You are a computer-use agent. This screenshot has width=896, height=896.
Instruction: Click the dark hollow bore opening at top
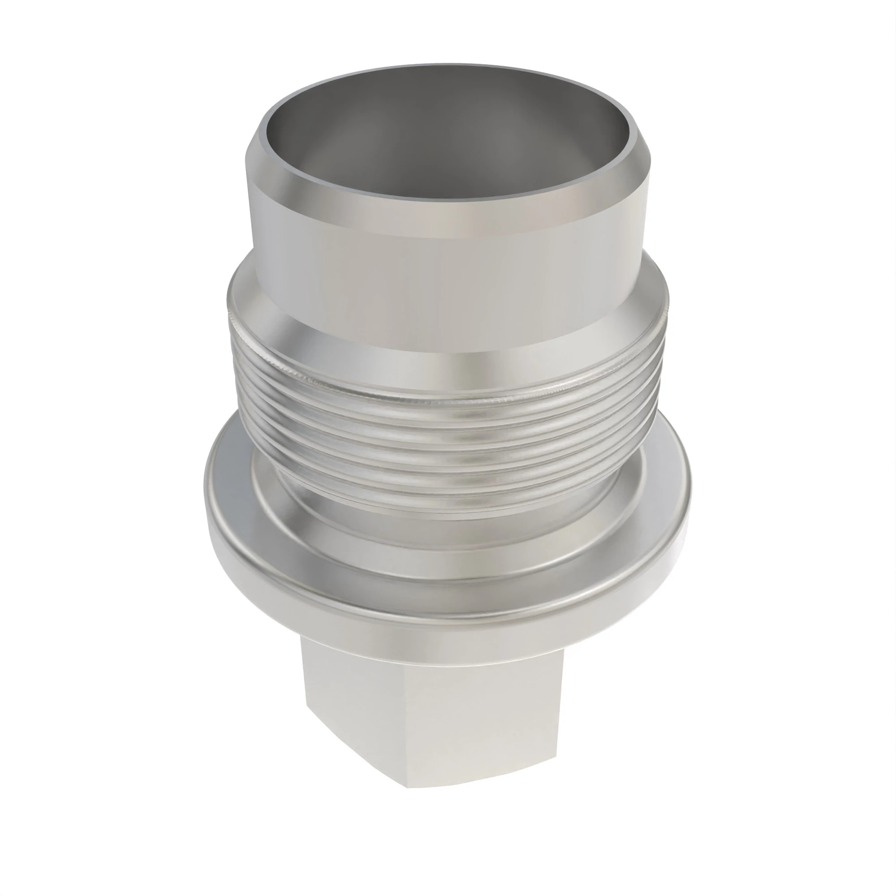click(445, 134)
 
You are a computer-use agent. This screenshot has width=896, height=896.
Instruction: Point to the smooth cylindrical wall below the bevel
click(445, 278)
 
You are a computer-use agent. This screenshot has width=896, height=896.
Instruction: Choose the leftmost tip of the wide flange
click(206, 499)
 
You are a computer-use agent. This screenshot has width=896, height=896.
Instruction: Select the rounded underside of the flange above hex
click(445, 621)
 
